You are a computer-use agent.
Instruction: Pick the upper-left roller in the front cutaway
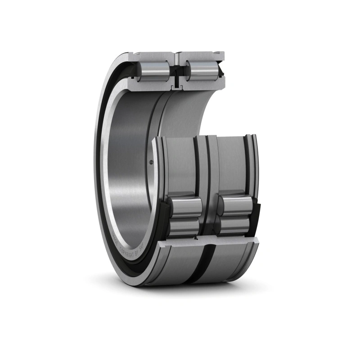click(x=186, y=207)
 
